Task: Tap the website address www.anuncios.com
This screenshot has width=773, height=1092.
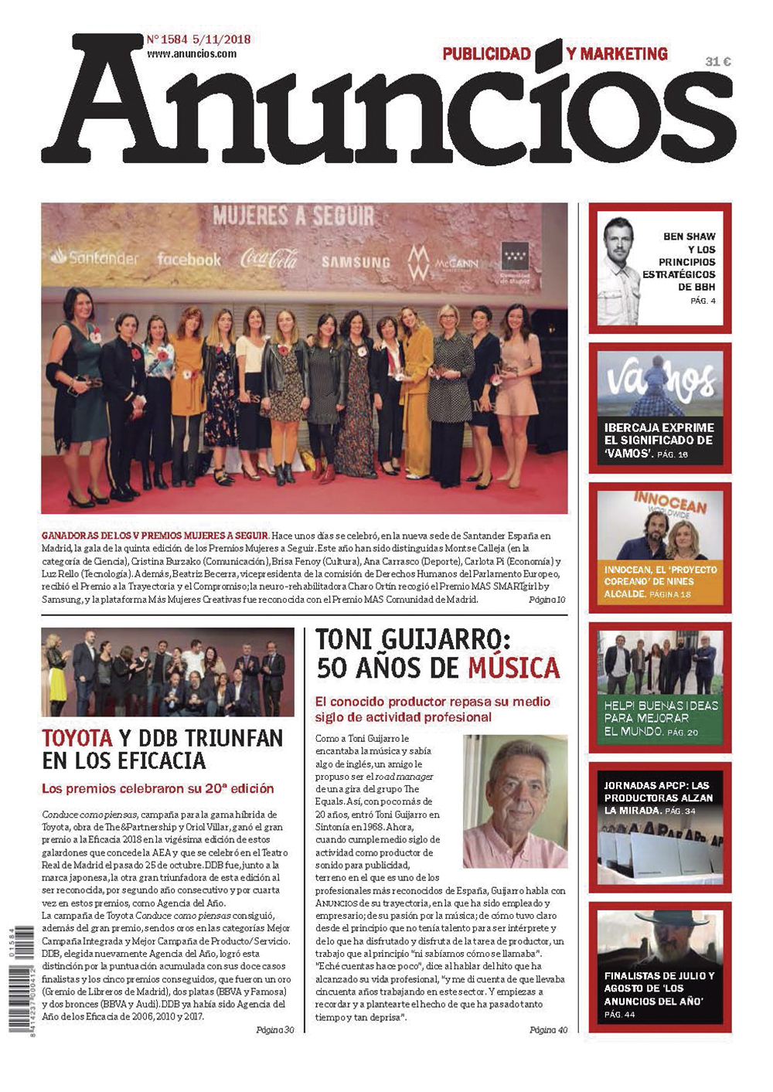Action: pos(192,54)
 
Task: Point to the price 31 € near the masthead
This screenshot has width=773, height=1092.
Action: pos(717,62)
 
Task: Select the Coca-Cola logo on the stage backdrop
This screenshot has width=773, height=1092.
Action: pos(269,258)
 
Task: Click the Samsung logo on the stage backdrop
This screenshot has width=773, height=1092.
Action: pos(356,262)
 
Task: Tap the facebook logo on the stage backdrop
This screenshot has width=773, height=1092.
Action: pos(189,260)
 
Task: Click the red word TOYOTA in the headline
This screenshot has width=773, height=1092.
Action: pos(77,738)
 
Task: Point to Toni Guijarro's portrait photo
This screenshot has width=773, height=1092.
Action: pos(515,801)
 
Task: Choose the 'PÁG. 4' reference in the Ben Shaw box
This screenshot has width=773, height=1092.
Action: pos(703,301)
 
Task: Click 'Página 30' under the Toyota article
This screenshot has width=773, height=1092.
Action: pos(274,1029)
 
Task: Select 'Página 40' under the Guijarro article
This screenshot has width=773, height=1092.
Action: pos(548,1029)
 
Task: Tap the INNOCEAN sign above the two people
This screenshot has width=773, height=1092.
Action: pos(670,504)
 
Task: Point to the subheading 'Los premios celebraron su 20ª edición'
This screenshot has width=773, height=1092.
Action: pos(158,788)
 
